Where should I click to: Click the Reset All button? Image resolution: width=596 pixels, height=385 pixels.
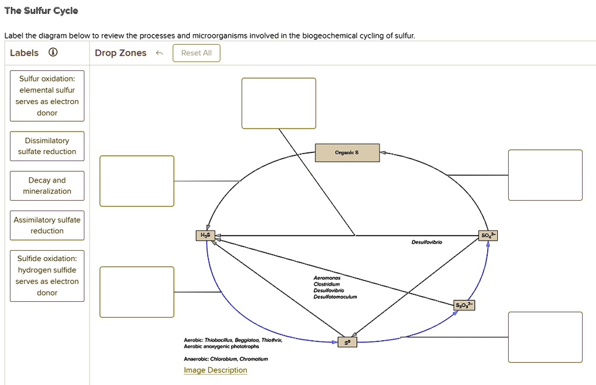[x=196, y=53]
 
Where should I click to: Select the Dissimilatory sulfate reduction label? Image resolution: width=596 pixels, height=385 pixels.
[x=47, y=146]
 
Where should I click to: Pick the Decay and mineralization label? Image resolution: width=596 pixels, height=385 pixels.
[x=47, y=186]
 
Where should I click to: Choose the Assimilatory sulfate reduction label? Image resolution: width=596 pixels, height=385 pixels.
[x=47, y=225]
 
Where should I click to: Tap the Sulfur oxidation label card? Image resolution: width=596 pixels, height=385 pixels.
[x=47, y=95]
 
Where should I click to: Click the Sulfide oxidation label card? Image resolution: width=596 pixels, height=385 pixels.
[x=47, y=276]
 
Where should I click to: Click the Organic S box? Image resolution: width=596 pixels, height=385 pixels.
[x=347, y=153]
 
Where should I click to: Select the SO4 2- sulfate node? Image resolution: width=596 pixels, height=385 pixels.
[x=488, y=236]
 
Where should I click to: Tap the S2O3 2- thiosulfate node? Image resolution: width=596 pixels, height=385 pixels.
[x=464, y=305]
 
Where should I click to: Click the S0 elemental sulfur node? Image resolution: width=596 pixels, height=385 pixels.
[x=347, y=343]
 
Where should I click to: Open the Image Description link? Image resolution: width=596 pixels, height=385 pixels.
[x=215, y=370]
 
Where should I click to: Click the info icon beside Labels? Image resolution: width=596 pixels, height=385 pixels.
[x=53, y=53]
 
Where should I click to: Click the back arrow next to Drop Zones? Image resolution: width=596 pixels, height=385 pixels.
[x=159, y=54]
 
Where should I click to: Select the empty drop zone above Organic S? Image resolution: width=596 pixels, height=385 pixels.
[x=279, y=103]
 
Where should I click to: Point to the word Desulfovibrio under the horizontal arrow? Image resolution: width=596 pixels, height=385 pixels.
[x=427, y=242]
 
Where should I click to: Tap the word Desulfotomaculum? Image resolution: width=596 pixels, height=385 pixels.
[x=335, y=297]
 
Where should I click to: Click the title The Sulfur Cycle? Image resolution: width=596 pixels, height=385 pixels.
[x=41, y=11]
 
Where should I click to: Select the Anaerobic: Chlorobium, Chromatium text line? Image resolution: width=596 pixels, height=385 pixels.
[x=226, y=359]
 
